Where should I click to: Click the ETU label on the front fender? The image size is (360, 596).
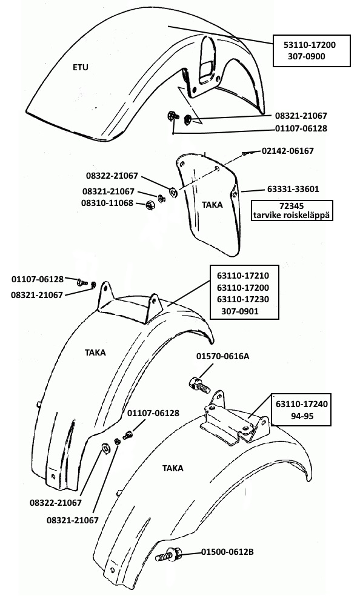click(80, 68)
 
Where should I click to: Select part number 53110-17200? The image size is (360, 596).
click(310, 45)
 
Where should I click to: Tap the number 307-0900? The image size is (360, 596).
click(307, 57)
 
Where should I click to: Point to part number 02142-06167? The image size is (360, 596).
click(288, 151)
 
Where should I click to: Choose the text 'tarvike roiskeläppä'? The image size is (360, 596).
click(292, 215)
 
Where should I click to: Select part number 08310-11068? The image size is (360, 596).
click(107, 203)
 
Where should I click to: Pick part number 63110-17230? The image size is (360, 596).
click(243, 299)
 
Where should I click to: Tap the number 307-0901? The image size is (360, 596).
click(240, 311)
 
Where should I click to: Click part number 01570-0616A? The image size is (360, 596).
click(223, 357)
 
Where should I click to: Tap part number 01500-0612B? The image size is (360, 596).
click(227, 552)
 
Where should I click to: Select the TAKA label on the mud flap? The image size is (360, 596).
click(212, 205)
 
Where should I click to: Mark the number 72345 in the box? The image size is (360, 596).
click(292, 207)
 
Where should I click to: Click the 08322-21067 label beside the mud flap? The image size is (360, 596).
click(112, 176)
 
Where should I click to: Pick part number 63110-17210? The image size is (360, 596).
click(243, 276)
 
